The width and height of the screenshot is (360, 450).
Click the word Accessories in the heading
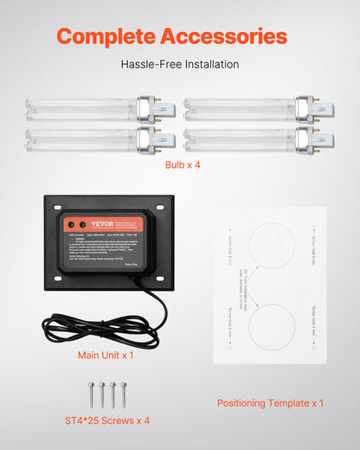click(x=226, y=36)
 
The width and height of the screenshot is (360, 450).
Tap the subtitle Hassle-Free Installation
click(x=180, y=64)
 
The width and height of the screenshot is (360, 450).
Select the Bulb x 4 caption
click(x=180, y=164)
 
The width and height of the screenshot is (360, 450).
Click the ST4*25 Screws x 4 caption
click(x=107, y=421)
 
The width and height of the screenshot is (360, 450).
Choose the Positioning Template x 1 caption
click(x=270, y=403)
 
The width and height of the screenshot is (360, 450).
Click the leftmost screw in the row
click(x=91, y=393)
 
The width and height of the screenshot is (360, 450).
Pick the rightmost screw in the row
click(x=123, y=393)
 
